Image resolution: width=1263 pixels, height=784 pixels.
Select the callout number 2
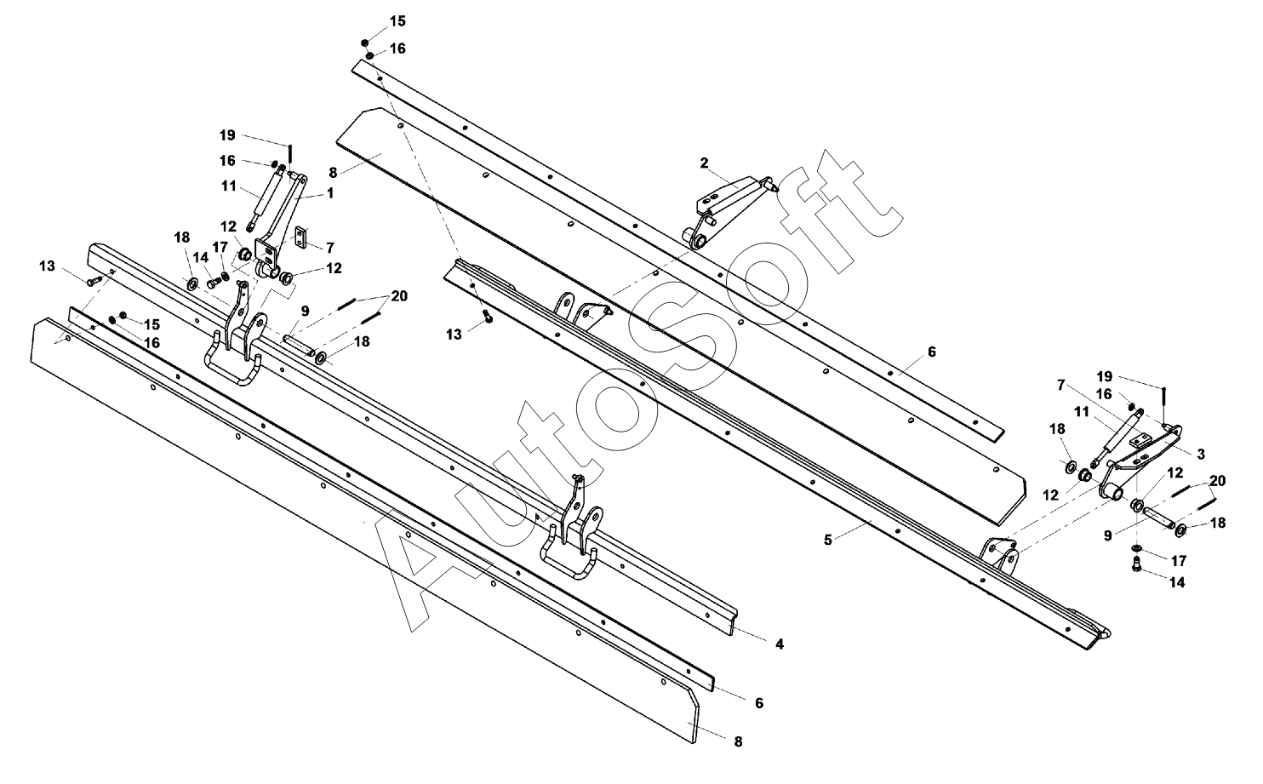704,162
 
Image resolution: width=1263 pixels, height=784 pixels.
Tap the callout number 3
1201,454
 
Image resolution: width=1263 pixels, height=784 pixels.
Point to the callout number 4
779,644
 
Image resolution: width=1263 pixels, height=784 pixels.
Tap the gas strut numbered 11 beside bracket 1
267,200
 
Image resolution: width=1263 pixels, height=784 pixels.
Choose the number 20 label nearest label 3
1218,481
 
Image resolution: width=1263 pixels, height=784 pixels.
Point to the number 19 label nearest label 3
1104,375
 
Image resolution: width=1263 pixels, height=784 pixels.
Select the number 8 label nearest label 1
333,172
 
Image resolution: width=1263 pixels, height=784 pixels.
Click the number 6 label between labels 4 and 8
759,703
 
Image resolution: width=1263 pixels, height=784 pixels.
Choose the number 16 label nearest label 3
1104,394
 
